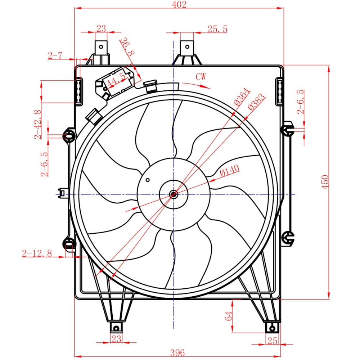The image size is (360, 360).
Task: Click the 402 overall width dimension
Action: [179, 4]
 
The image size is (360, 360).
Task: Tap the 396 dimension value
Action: [177, 352]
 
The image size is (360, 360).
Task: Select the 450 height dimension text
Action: [325, 182]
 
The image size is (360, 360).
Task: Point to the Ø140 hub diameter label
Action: [229, 171]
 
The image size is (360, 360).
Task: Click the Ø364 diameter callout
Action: [242, 96]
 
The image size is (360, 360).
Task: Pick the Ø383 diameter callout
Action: [256, 102]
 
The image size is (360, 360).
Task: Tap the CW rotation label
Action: [201, 76]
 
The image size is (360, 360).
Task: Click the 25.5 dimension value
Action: [217, 29]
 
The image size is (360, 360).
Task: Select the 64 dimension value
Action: [229, 316]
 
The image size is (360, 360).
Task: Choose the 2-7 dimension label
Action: [55, 55]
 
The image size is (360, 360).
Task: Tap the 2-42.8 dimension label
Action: [38, 125]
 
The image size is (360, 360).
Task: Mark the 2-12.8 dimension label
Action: [37, 253]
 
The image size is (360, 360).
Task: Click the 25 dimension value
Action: [272, 341]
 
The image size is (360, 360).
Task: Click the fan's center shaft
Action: [174, 194]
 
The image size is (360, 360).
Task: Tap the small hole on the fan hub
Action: [148, 180]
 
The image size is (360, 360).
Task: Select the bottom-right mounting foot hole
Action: [272, 329]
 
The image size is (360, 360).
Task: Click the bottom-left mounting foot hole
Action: [116, 329]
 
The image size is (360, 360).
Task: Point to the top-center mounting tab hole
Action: [187, 47]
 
